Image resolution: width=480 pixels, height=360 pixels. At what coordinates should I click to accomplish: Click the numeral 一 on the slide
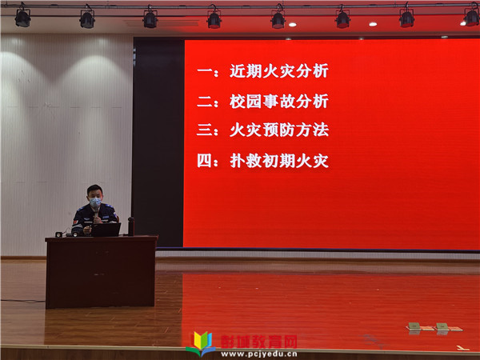click(205, 71)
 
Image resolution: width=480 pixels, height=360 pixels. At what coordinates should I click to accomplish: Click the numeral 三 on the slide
click(205, 130)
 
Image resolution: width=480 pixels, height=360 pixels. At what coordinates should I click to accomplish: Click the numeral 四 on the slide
click(205, 161)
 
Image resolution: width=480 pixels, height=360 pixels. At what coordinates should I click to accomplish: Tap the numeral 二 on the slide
click(205, 102)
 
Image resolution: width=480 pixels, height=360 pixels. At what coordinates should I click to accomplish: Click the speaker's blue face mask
click(95, 202)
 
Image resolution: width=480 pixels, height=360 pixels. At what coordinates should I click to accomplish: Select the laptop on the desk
click(106, 230)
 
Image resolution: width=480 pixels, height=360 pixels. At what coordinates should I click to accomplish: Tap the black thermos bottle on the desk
click(131, 226)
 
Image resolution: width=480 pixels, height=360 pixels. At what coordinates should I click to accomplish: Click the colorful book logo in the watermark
click(201, 343)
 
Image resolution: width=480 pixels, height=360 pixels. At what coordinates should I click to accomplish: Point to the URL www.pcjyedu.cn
click(259, 354)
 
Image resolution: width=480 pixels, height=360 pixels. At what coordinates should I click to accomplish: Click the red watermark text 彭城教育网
click(259, 342)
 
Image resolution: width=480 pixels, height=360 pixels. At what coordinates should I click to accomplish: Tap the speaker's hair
click(94, 189)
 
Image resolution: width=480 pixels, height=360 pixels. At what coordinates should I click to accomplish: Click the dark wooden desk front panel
click(101, 273)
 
